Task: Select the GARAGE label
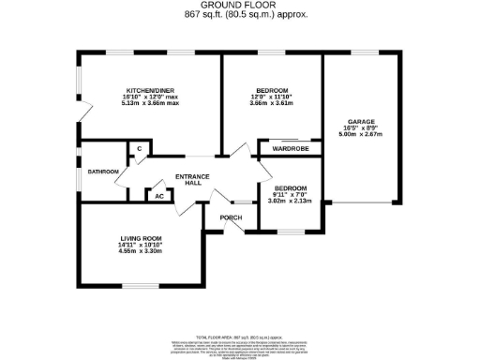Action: [361, 121]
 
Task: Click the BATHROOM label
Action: [103, 172]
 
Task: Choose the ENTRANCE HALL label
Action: [191, 180]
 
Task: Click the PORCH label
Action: [231, 218]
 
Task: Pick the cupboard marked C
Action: [139, 149]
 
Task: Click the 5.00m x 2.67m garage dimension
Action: [361, 134]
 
